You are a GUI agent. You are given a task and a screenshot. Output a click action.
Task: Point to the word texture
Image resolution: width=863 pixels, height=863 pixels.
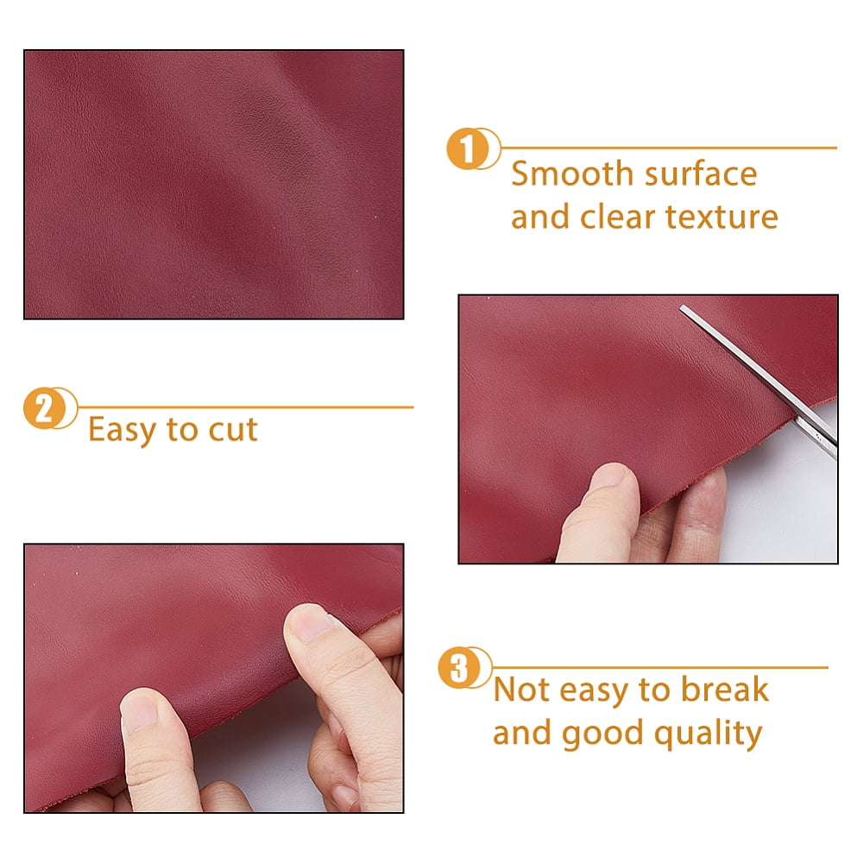click(x=721, y=217)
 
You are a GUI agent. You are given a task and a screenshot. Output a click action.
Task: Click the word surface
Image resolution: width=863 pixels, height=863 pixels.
click(x=701, y=175)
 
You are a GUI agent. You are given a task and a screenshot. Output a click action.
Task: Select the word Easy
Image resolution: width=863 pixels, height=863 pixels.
click(x=123, y=431)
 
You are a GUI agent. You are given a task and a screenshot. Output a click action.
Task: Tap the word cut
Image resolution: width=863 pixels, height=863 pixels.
click(x=233, y=431)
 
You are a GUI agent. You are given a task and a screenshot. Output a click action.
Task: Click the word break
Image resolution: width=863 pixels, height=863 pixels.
click(x=724, y=690)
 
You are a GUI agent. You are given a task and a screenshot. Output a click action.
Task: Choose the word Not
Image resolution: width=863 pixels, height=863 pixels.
click(x=522, y=690)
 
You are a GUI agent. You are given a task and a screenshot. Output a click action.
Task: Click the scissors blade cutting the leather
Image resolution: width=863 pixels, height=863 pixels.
click(x=759, y=379)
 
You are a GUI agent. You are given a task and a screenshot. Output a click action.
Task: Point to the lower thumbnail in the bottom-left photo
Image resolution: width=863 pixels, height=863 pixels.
click(x=140, y=709)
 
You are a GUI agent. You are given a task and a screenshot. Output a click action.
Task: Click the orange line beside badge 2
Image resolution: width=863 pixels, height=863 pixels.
click(x=245, y=407)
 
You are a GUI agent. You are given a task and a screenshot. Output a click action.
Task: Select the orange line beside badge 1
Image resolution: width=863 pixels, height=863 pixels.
click(x=669, y=148)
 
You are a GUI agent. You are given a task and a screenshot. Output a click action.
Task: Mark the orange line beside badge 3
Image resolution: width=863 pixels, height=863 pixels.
click(x=660, y=668)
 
